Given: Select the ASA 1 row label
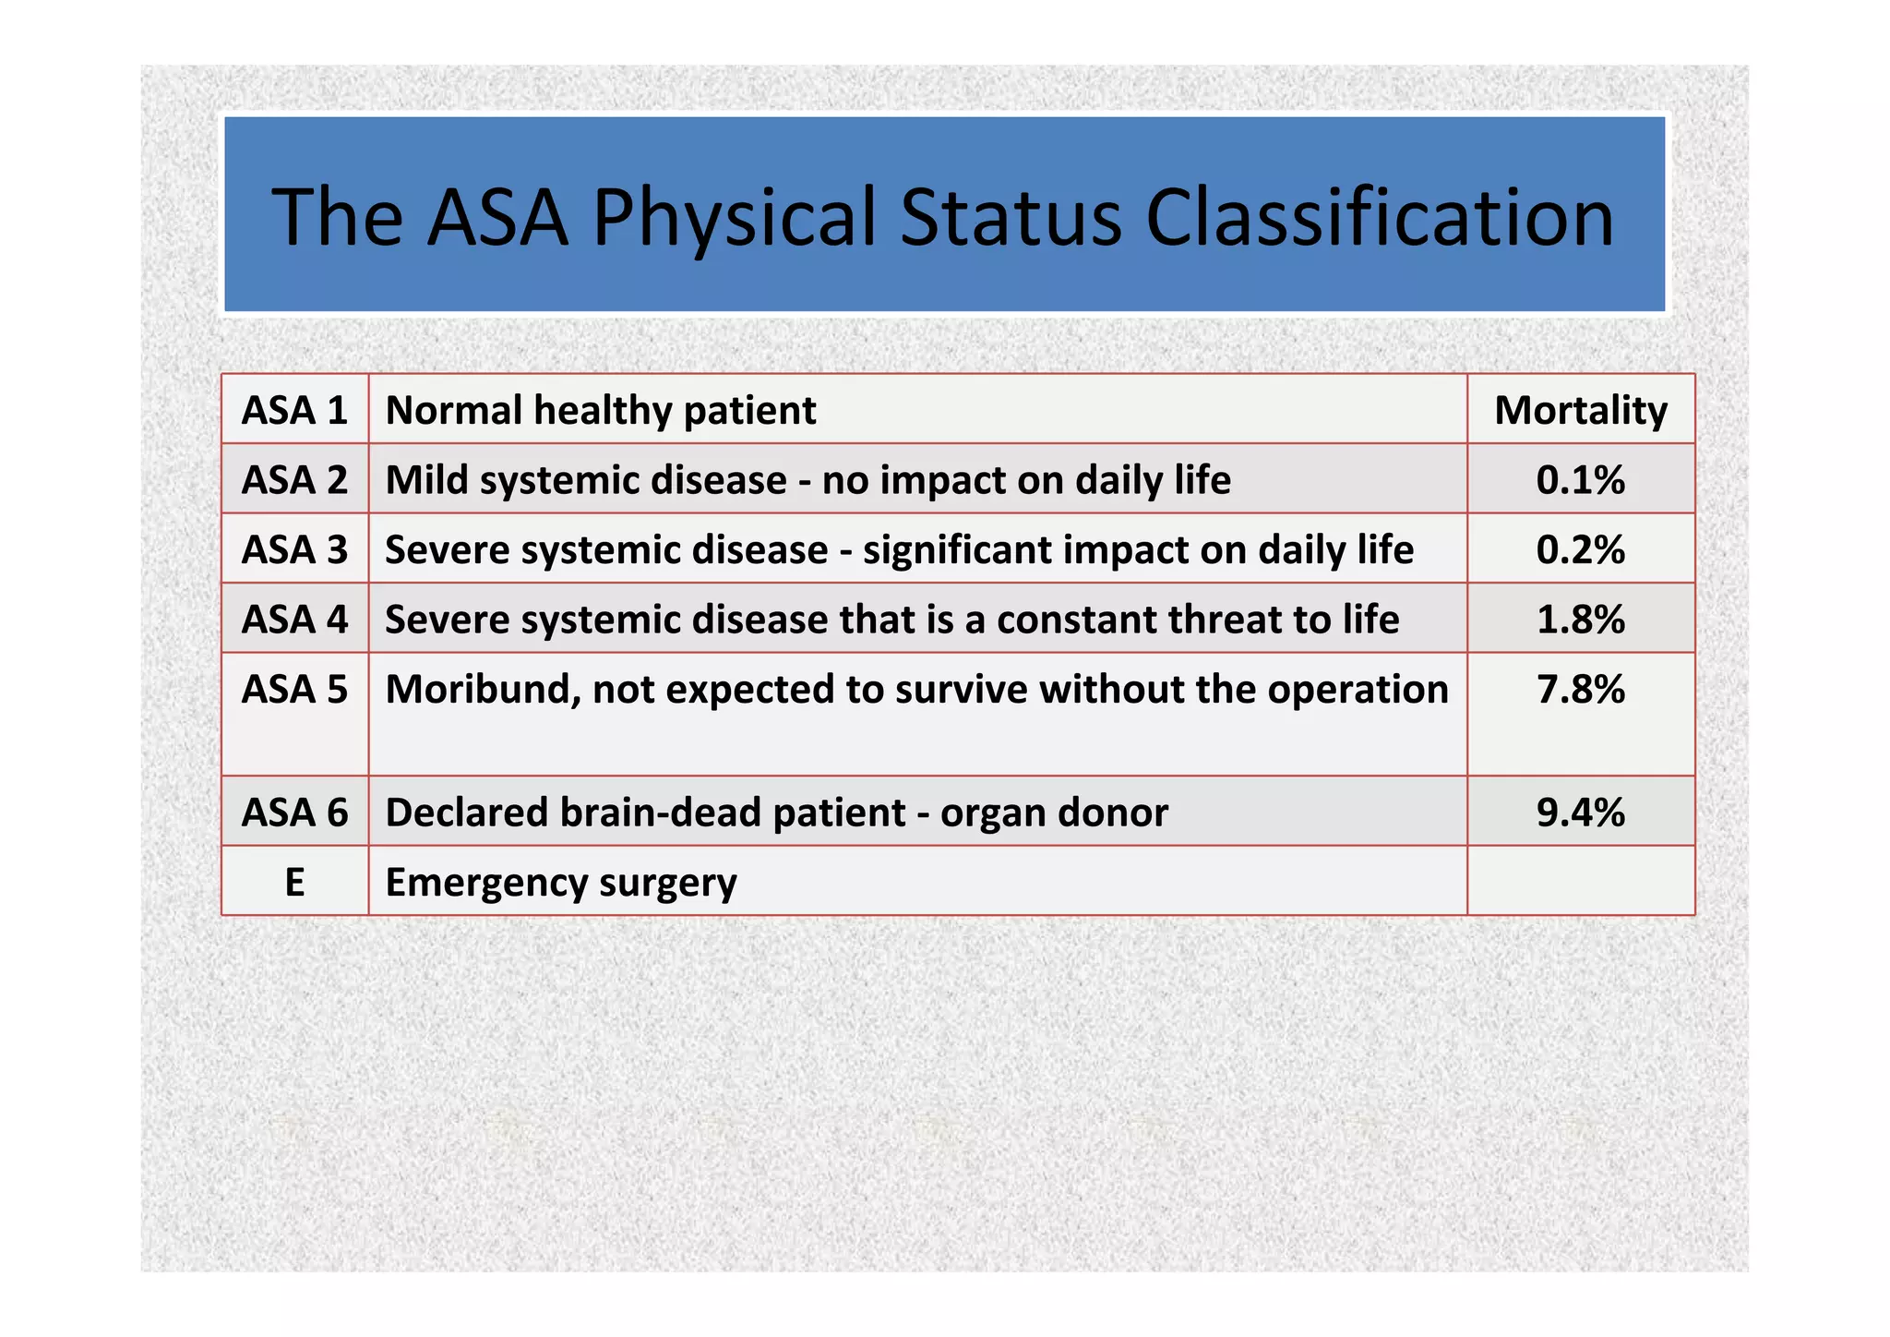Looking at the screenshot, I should [x=294, y=410].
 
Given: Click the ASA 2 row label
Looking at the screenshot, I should [x=294, y=480].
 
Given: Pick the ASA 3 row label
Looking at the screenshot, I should [x=294, y=549].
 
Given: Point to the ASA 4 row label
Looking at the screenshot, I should [x=294, y=620].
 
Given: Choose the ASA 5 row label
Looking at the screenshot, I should [x=294, y=690].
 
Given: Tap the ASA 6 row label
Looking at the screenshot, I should [x=294, y=813].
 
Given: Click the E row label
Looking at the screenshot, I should [x=294, y=882].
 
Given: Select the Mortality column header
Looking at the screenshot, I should [x=1580, y=410].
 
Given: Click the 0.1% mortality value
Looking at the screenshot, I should [x=1580, y=480].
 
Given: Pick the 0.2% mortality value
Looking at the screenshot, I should [x=1580, y=549].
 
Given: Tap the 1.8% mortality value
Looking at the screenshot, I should [x=1580, y=620].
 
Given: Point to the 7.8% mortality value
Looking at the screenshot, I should [x=1580, y=690].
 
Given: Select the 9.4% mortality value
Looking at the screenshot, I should [x=1580, y=813].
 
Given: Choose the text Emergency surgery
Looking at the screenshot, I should [x=561, y=882].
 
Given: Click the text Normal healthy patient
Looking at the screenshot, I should [x=600, y=410].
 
